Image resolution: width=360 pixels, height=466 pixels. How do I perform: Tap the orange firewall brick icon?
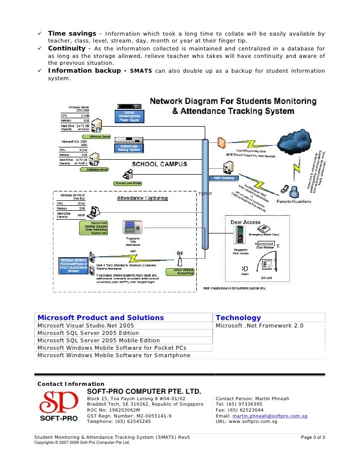click(x=222, y=144)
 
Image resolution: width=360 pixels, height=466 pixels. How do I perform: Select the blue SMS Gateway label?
click(x=224, y=178)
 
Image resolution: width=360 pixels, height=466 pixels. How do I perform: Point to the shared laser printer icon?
click(x=129, y=174)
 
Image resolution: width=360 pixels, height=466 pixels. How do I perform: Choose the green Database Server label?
click(x=97, y=169)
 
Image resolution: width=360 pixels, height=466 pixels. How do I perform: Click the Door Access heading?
click(x=245, y=222)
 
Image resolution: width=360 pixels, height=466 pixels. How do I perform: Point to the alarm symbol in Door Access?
click(x=245, y=269)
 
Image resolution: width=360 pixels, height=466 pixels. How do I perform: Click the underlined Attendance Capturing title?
click(x=142, y=198)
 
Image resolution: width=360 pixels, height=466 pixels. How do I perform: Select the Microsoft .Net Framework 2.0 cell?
click(x=260, y=326)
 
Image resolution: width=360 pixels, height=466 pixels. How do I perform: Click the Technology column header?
click(x=238, y=318)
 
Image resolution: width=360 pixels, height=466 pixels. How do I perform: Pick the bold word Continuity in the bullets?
click(x=67, y=48)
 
